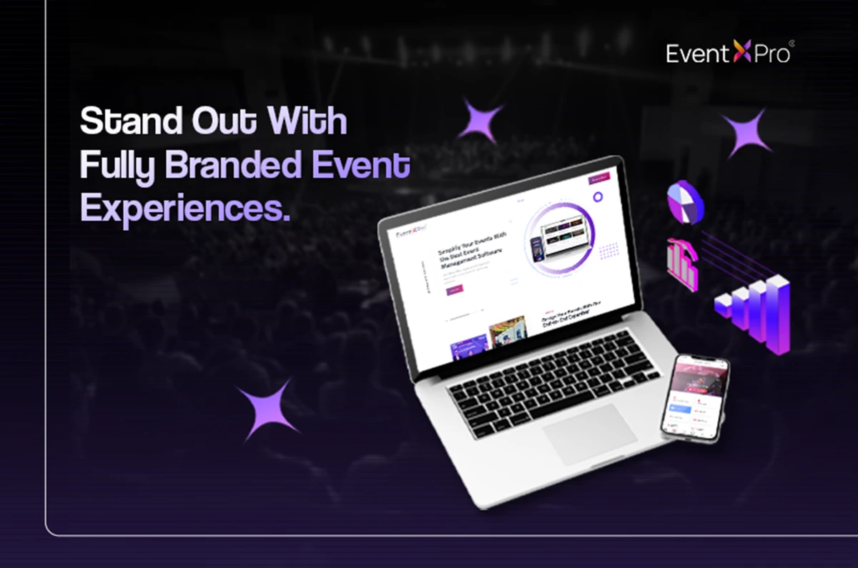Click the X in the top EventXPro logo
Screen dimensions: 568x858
[x=742, y=54]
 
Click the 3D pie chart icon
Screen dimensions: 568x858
[x=686, y=202]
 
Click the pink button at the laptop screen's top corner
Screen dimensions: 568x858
[x=599, y=179]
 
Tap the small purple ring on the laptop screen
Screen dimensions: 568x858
[x=598, y=197]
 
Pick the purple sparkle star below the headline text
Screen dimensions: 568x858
[x=268, y=410]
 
